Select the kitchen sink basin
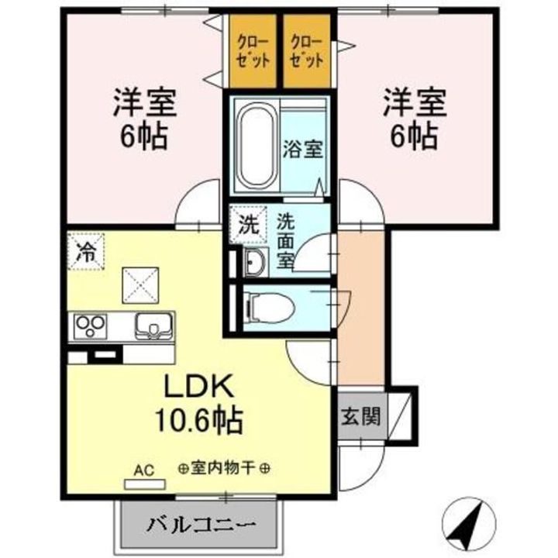(x=153, y=325)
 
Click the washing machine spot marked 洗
(x=247, y=226)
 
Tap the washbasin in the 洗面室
(x=253, y=263)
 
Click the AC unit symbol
(x=144, y=483)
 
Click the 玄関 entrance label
(x=361, y=418)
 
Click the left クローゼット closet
(x=253, y=51)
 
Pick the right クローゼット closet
(x=306, y=51)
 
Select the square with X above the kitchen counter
(x=141, y=284)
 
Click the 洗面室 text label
(x=284, y=240)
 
